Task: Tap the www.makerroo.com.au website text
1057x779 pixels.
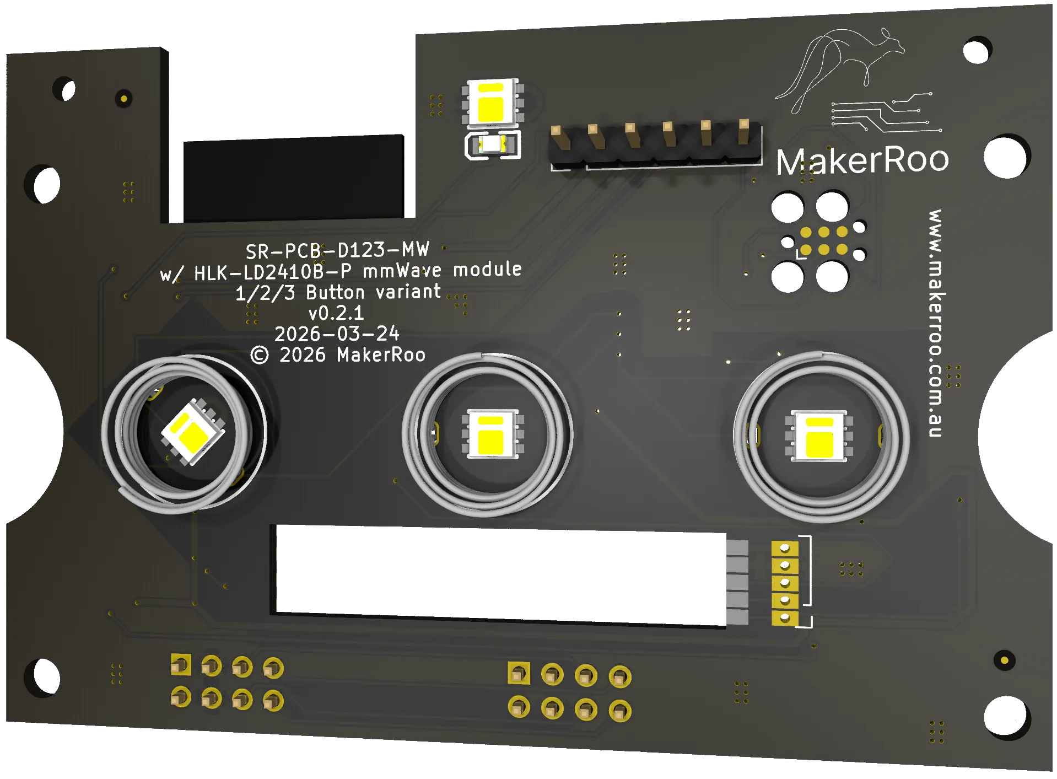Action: (x=936, y=323)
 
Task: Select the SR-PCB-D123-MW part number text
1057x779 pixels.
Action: (x=337, y=251)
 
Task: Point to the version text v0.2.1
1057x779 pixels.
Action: (x=336, y=313)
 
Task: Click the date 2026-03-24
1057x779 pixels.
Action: (x=337, y=334)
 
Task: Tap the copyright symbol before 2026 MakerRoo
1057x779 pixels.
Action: (x=260, y=355)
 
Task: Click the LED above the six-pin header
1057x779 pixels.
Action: (x=493, y=102)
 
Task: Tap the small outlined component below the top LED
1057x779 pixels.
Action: (x=492, y=146)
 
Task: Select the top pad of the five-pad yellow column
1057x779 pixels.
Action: (x=785, y=549)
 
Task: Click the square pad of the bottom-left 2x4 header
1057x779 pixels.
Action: (x=180, y=665)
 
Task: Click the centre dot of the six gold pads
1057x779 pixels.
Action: (x=823, y=240)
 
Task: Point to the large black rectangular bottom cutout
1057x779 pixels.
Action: (x=496, y=576)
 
